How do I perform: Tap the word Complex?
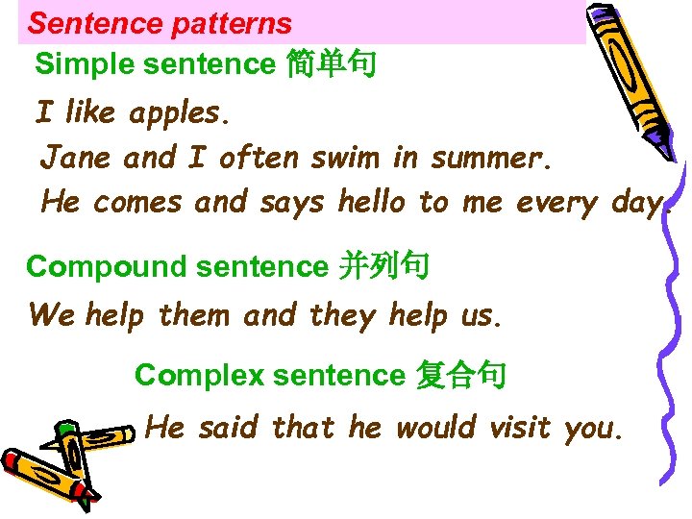(198, 375)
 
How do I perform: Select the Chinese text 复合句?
(459, 375)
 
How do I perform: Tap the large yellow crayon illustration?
(625, 77)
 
